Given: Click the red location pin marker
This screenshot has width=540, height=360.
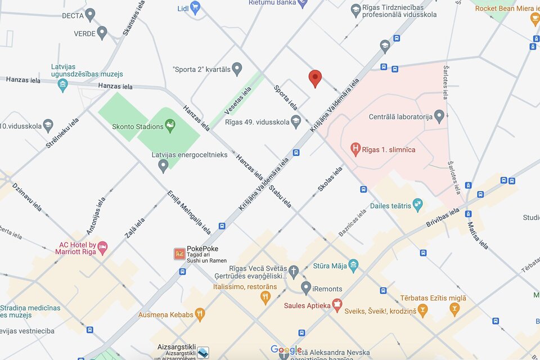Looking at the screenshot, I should tap(316, 79).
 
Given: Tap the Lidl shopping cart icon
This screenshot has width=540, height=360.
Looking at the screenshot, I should tap(195, 8).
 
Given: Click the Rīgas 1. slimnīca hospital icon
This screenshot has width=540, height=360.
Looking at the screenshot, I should tap(355, 150).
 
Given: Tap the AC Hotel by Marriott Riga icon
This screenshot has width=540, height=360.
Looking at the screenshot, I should tap(102, 247).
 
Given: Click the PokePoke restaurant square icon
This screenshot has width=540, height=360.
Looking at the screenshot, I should tap(179, 254).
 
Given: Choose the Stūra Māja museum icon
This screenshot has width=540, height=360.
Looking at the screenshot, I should tap(353, 265).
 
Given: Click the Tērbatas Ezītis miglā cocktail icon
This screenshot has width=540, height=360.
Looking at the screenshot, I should tap(454, 309).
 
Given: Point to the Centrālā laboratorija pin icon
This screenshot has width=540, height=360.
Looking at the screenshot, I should tap(439, 117).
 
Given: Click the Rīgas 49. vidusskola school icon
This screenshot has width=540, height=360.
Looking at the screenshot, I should tap(296, 121).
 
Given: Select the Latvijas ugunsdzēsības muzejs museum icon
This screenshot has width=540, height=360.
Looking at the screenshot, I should tap(62, 86).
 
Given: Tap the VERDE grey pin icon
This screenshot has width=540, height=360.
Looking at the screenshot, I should tap(102, 33).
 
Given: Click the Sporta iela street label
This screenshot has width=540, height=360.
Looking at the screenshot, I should tap(286, 97).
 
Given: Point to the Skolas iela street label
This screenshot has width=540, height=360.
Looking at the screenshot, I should tap(330, 179).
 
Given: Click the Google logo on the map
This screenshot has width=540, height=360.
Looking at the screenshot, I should tap(286, 350).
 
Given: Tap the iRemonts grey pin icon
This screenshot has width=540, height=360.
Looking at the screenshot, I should tap(306, 289).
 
